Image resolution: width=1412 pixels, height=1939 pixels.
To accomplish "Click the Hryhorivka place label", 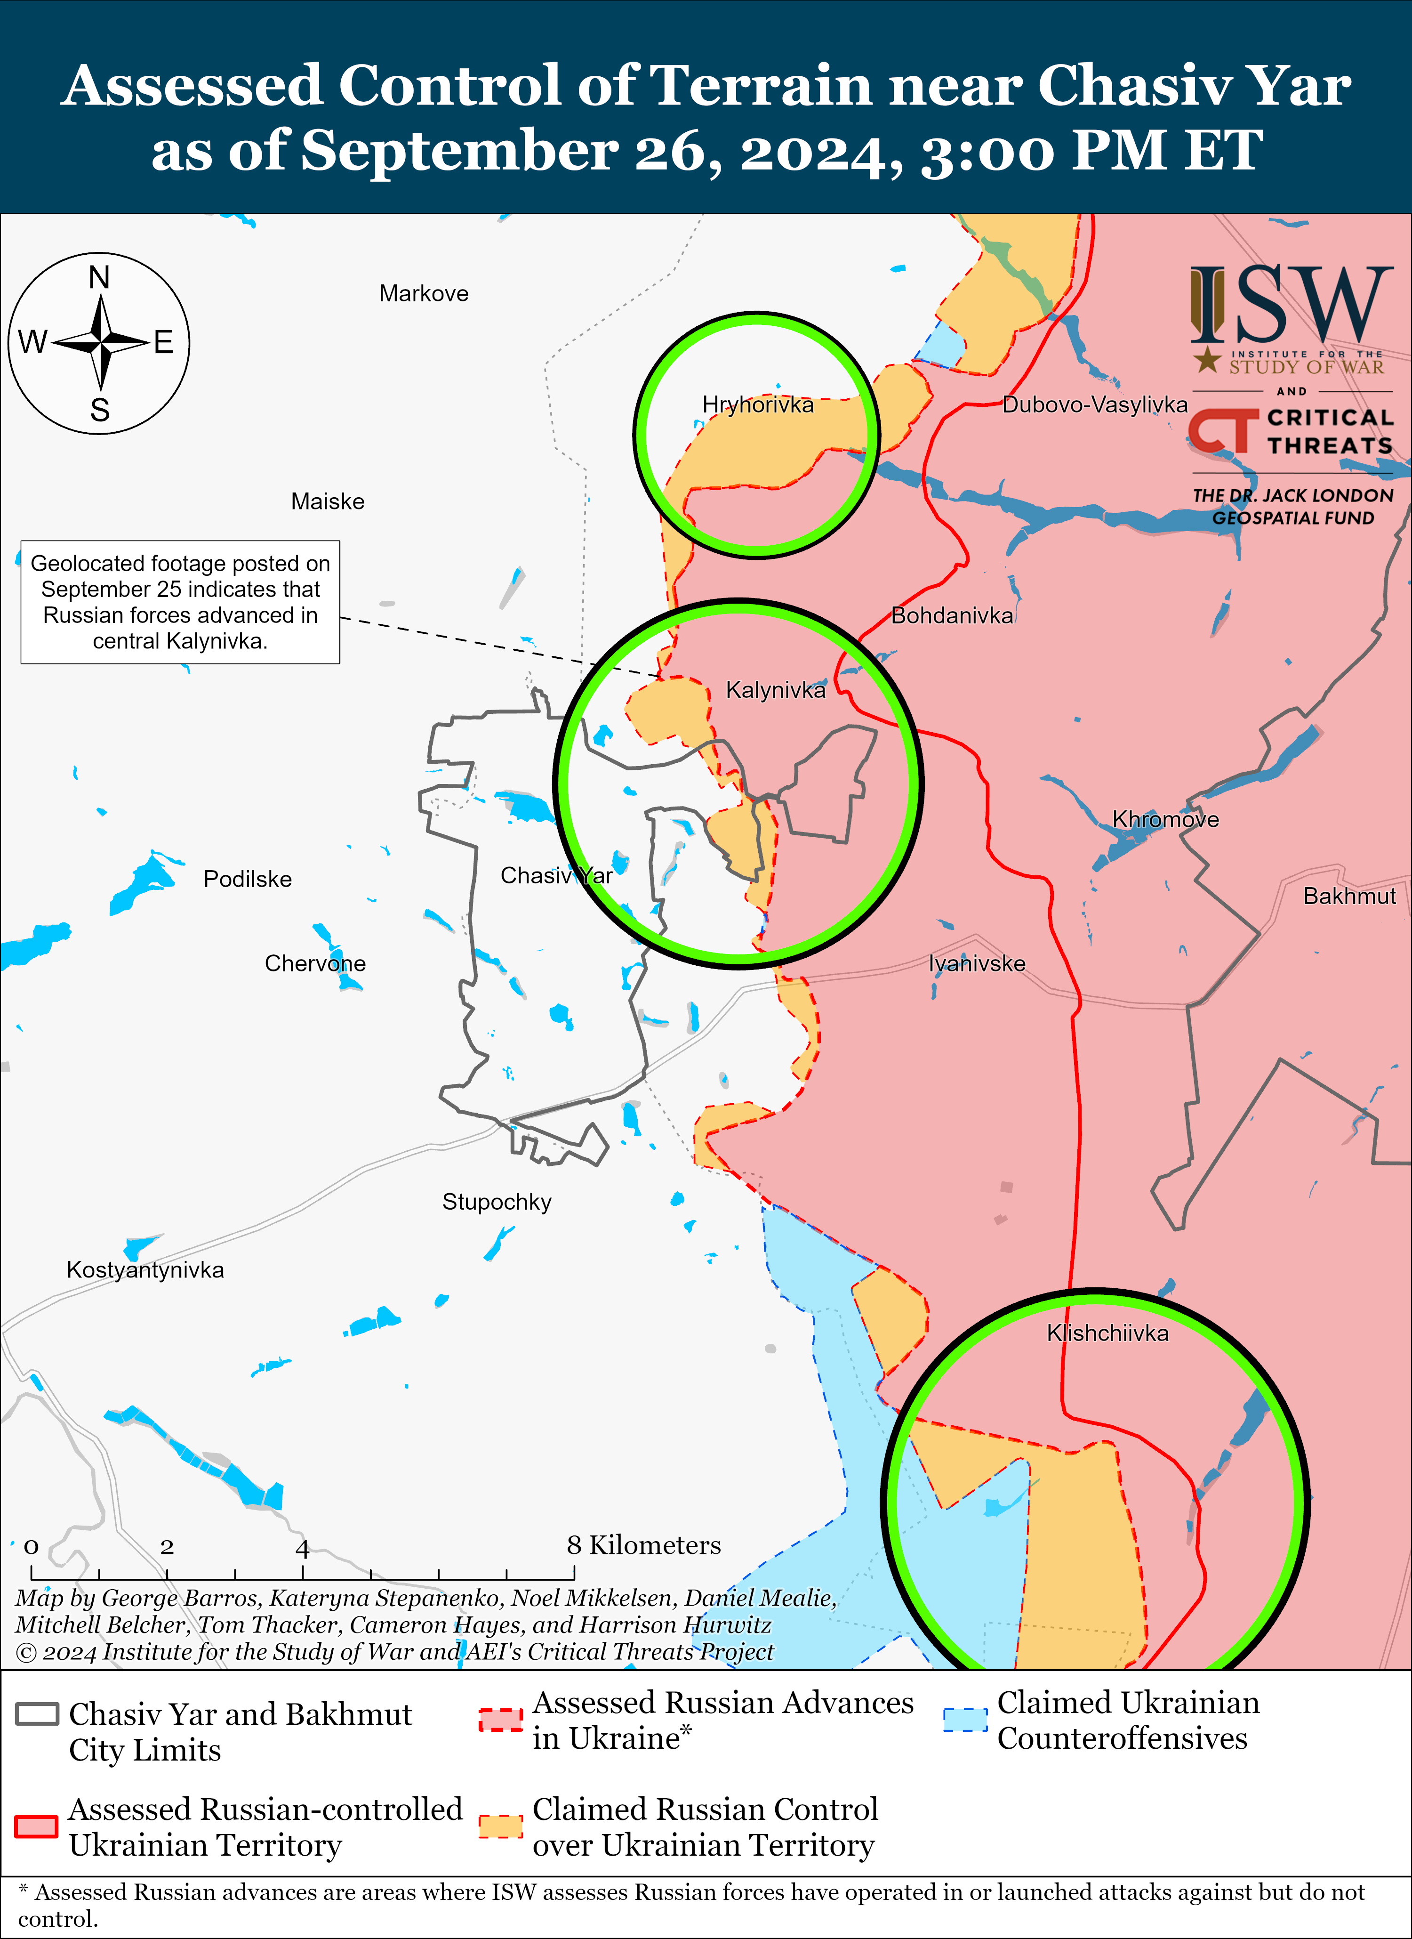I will pyautogui.click(x=757, y=404).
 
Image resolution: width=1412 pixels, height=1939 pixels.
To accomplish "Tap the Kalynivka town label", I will pyautogui.click(x=775, y=690).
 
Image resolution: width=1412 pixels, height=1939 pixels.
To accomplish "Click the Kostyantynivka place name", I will pyautogui.click(x=145, y=1269).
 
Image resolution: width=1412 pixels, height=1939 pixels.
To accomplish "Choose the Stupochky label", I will pyautogui.click(x=497, y=1202).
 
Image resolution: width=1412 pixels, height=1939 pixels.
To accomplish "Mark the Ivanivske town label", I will pyautogui.click(x=977, y=963).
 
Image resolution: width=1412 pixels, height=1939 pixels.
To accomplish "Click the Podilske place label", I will pyautogui.click(x=248, y=879).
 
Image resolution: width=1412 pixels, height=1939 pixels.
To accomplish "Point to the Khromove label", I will pyautogui.click(x=1165, y=819).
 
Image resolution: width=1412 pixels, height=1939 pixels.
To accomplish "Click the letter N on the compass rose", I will pyautogui.click(x=99, y=278).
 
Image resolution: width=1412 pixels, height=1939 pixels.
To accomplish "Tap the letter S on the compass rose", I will pyautogui.click(x=100, y=411).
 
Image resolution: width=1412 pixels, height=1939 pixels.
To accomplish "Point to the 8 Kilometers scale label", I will pyautogui.click(x=643, y=1545).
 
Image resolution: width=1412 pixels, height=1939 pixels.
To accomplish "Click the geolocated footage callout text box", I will pyautogui.click(x=180, y=602).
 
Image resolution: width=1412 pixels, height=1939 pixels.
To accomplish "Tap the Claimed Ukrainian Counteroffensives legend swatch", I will pyautogui.click(x=965, y=1719).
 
